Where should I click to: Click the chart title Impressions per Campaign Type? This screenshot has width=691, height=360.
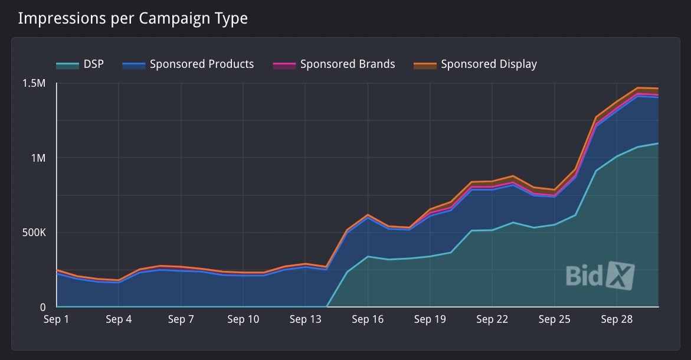pyautogui.click(x=133, y=18)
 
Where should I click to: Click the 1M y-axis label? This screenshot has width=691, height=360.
pyautogui.click(x=38, y=158)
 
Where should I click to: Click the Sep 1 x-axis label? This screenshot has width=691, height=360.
pyautogui.click(x=57, y=320)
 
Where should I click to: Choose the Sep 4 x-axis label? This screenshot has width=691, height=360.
pyautogui.click(x=119, y=320)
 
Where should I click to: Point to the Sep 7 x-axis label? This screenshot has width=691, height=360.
pyautogui.click(x=181, y=320)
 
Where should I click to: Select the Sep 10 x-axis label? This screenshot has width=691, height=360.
pyautogui.click(x=243, y=320)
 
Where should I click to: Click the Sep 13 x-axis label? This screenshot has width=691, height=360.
pyautogui.click(x=305, y=320)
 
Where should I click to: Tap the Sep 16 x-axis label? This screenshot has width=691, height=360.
pyautogui.click(x=368, y=320)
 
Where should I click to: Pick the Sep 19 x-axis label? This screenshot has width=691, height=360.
pyautogui.click(x=430, y=320)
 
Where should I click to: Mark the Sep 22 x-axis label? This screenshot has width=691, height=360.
pyautogui.click(x=492, y=320)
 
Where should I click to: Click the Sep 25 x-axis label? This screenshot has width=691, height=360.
pyautogui.click(x=554, y=320)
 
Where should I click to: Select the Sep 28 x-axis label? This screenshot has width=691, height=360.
pyautogui.click(x=617, y=320)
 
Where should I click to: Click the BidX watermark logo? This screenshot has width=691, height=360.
pyautogui.click(x=600, y=276)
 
